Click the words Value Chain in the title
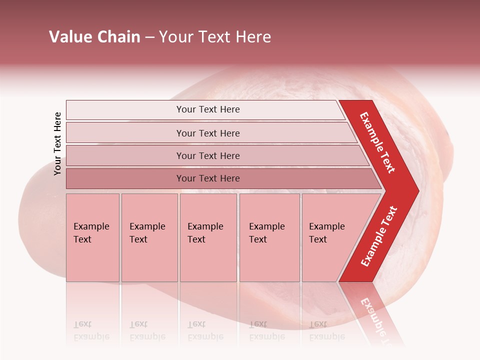point(94,37)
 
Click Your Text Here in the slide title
point(215,37)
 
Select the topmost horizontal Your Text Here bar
point(207,109)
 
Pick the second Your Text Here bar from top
point(207,133)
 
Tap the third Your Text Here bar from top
point(207,155)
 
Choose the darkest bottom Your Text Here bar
point(207,178)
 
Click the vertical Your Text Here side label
point(57,143)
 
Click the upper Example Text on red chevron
point(377,142)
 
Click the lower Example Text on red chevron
point(379,236)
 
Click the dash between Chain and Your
point(149,37)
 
